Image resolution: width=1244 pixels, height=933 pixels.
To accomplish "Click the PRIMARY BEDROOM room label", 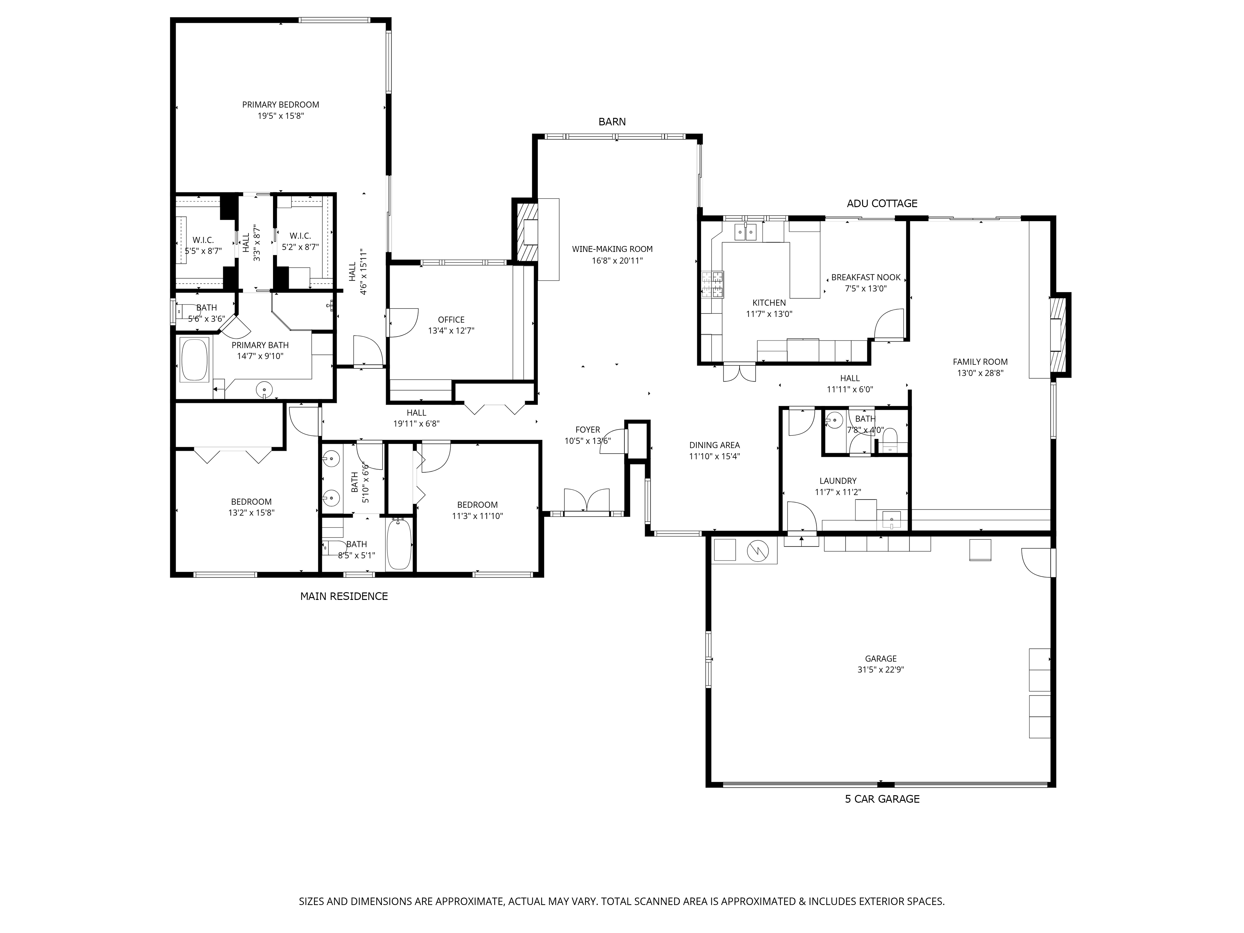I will [280, 104].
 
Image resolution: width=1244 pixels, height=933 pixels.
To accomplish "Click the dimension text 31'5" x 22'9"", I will [881, 670].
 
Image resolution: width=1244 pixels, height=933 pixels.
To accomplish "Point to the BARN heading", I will [612, 122].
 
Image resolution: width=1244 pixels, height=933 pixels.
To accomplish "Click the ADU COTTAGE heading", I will [882, 204].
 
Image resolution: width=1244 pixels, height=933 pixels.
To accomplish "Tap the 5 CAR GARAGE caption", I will [882, 799].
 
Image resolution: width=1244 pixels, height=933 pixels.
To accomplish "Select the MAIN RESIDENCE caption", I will [344, 596].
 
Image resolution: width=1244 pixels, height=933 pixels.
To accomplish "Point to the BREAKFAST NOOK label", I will [866, 277].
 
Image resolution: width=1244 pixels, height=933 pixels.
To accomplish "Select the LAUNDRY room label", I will [838, 481].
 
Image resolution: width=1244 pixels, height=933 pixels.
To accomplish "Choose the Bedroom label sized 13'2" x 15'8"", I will [251, 502].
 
